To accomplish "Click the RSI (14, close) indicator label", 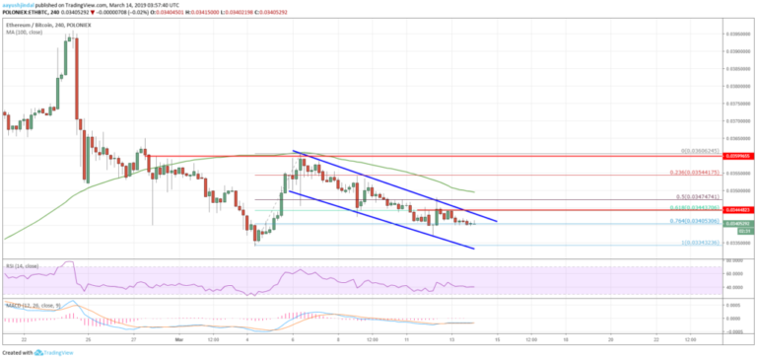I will click(22, 266).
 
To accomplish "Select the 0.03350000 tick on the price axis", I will click(737, 242).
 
